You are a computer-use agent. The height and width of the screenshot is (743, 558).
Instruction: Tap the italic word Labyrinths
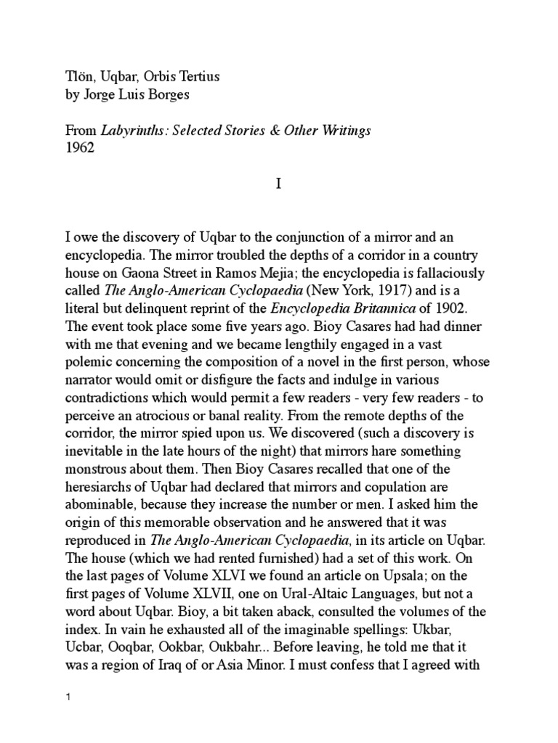(123, 131)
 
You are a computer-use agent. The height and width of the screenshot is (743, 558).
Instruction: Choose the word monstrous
(91, 469)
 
